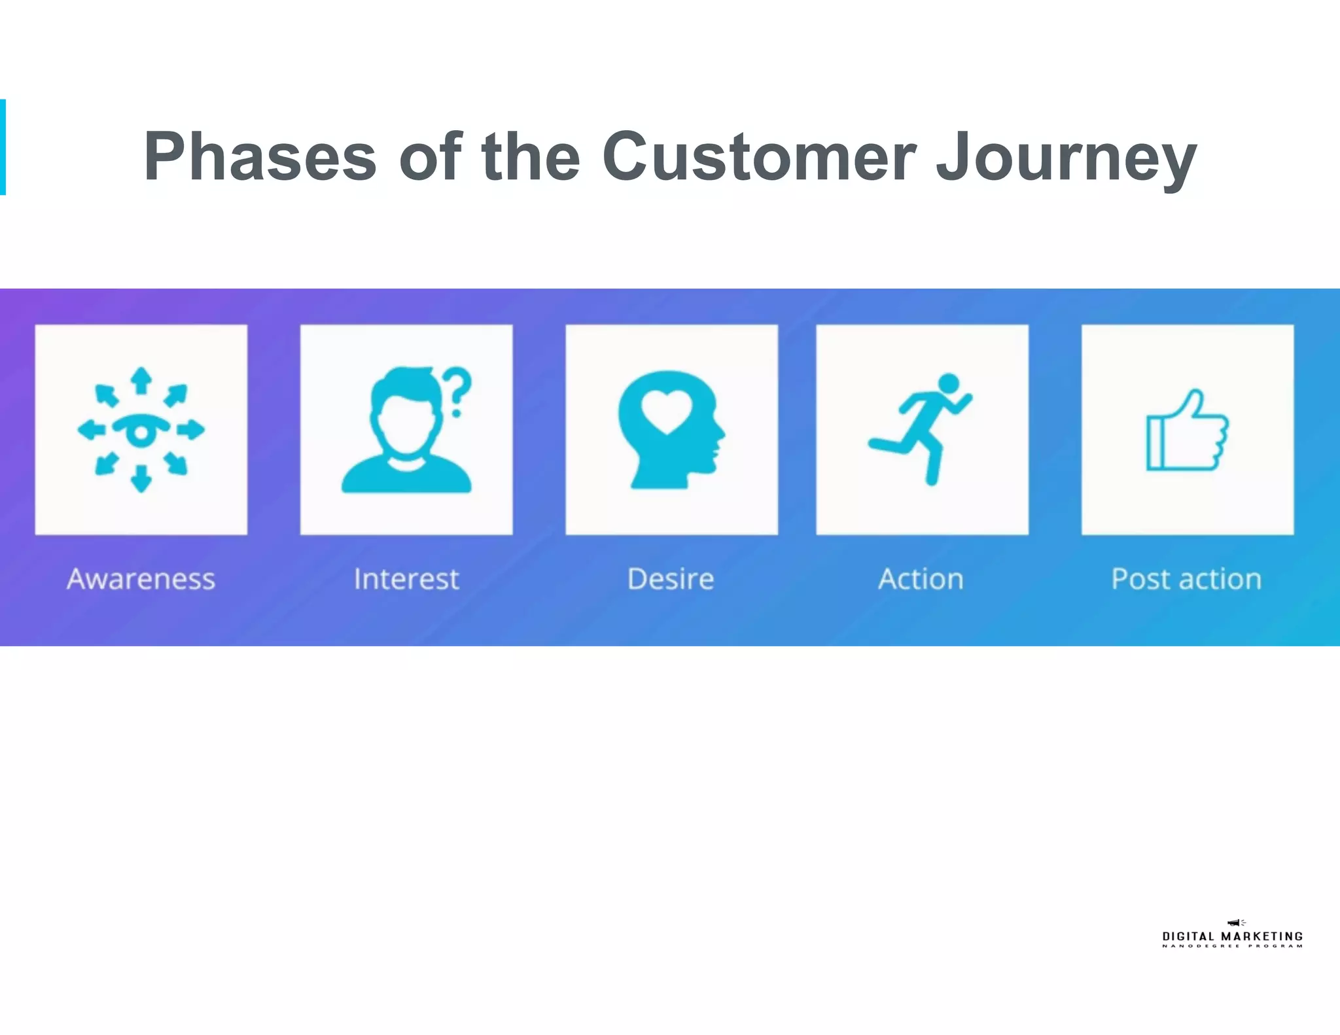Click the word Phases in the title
(x=260, y=157)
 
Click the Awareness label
(x=141, y=579)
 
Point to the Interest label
(x=406, y=579)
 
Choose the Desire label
(x=671, y=579)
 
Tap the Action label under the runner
(x=921, y=579)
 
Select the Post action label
(x=1186, y=579)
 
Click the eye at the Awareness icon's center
(x=141, y=430)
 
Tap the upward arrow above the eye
(x=141, y=379)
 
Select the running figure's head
(x=948, y=383)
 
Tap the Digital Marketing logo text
(x=1232, y=936)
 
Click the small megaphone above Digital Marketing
(x=1235, y=922)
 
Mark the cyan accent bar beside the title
(x=3, y=147)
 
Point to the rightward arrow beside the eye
(x=191, y=430)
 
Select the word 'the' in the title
(x=531, y=157)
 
